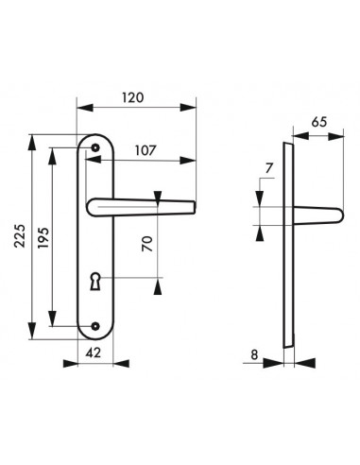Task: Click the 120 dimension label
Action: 132,97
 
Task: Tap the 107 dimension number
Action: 146,150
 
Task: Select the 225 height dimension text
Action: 20,236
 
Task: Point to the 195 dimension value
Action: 43,237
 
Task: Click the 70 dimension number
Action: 147,244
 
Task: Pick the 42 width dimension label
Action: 94,353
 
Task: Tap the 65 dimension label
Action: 319,122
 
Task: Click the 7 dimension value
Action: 268,168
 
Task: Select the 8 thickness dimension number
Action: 254,354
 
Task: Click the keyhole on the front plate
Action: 94,281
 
